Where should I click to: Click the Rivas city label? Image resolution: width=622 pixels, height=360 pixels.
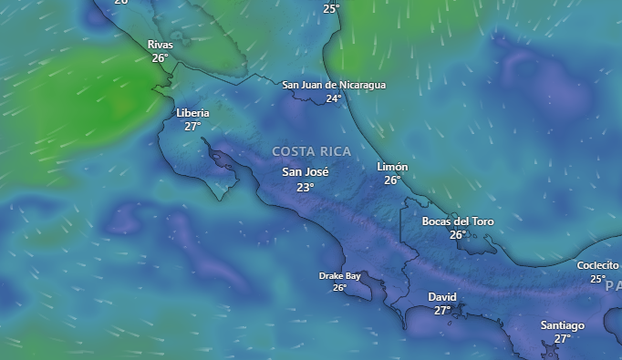tap(160, 45)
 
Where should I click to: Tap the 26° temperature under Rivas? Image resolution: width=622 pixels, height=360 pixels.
tap(160, 57)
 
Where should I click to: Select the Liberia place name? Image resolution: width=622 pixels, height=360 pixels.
tap(192, 113)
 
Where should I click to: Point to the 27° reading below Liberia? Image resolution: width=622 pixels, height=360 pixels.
tap(192, 127)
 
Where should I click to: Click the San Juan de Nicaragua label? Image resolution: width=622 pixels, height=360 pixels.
tap(334, 85)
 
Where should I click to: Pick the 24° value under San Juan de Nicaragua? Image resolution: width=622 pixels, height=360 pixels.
tap(334, 98)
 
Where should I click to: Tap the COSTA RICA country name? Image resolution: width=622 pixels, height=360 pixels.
tap(311, 150)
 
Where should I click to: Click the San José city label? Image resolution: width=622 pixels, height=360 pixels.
tap(305, 172)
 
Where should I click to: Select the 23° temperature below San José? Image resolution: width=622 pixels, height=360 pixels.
tap(305, 187)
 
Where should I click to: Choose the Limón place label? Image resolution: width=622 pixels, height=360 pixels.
tap(392, 167)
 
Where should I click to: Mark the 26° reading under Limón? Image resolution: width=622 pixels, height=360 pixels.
tap(392, 180)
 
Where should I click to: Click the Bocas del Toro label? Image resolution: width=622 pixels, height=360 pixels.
tap(458, 221)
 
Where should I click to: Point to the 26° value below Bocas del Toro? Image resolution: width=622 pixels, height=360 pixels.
tap(458, 234)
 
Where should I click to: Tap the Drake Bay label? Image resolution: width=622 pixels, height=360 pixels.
tap(339, 275)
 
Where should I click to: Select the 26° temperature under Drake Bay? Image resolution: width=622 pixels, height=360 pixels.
tap(339, 288)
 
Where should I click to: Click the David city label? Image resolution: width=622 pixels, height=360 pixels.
tap(442, 297)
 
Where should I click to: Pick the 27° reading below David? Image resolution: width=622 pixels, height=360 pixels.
tap(442, 311)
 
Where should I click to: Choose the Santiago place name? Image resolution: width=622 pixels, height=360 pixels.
tap(562, 325)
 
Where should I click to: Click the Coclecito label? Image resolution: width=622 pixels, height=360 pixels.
tap(597, 265)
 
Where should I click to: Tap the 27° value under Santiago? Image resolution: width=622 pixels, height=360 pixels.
tap(562, 339)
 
